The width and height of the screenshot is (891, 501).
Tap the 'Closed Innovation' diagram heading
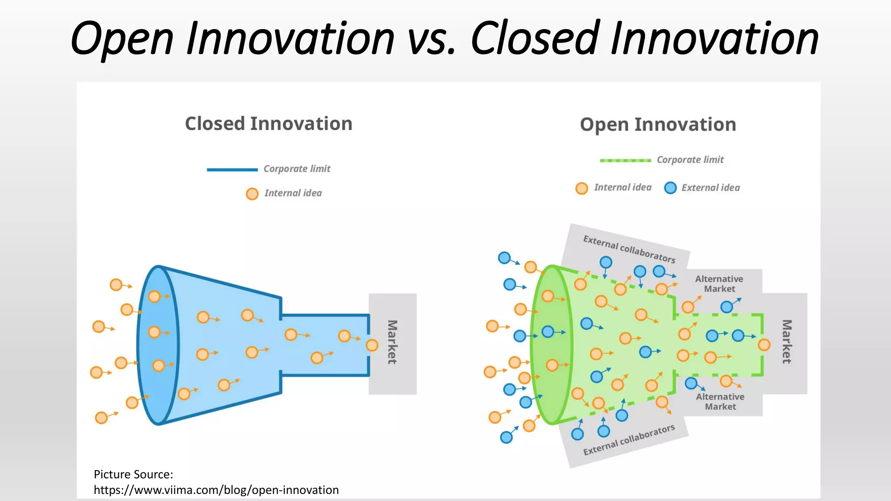[268, 124]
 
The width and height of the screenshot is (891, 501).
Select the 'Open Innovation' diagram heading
[658, 125]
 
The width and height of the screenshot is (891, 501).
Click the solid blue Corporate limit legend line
[232, 170]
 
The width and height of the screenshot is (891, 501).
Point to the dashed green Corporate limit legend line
[625, 160]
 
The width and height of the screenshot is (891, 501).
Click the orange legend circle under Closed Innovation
[252, 194]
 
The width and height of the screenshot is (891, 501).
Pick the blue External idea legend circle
[670, 188]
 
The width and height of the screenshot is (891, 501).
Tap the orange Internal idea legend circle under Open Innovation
[582, 188]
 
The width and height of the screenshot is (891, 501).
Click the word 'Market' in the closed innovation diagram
[392, 342]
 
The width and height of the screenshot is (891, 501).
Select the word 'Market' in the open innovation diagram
[787, 342]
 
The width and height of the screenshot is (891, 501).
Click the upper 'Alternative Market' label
[719, 284]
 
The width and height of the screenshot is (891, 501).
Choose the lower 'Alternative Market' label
[720, 401]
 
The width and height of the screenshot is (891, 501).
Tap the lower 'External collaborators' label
[629, 440]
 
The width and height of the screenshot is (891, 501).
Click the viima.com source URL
[216, 490]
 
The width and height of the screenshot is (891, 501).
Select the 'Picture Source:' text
[133, 474]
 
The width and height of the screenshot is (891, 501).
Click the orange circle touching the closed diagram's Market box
[372, 345]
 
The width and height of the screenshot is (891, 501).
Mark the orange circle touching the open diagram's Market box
[764, 345]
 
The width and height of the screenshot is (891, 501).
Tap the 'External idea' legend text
[710, 188]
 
